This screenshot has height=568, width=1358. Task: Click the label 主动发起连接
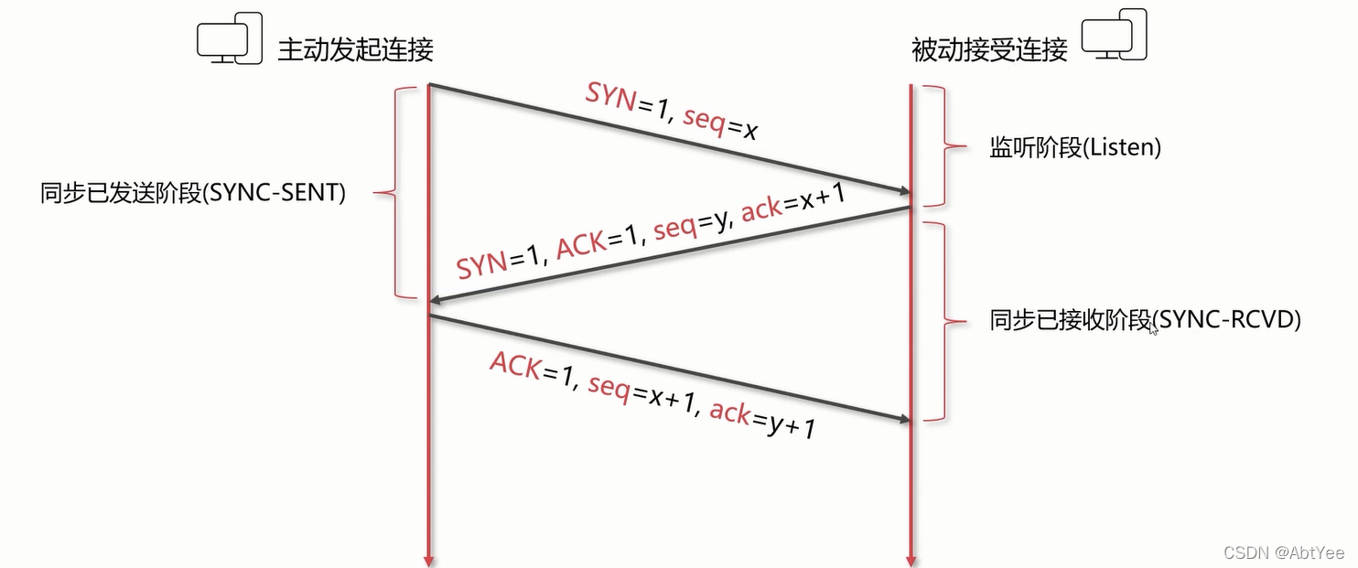(355, 49)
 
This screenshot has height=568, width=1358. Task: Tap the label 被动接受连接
(989, 49)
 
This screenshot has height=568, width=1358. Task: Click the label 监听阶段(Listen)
(1074, 147)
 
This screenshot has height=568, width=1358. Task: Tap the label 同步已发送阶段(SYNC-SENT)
(193, 193)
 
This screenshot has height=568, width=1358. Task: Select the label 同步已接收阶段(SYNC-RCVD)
(1145, 320)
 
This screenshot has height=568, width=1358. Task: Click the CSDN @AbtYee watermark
(1283, 552)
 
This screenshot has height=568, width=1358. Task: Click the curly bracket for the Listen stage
(939, 145)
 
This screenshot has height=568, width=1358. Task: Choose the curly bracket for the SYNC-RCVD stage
(939, 321)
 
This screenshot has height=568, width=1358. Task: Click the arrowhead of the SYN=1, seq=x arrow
(904, 190)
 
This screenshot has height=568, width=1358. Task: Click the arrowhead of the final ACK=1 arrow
(904, 419)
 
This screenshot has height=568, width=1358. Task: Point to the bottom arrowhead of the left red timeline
(427, 560)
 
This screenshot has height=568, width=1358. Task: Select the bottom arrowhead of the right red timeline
(911, 560)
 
